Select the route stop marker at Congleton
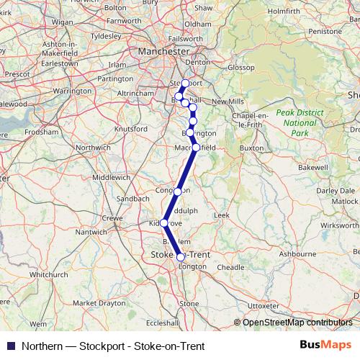coord(177,192)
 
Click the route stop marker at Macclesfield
coord(196,148)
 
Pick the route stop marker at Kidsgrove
coord(163,222)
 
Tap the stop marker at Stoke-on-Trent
coord(181,256)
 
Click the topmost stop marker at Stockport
coord(185,84)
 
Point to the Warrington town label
coord(73,91)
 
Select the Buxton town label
coord(252,148)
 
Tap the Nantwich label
coord(91,232)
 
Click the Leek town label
coord(221,215)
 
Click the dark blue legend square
coord(10,346)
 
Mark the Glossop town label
coord(240,67)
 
